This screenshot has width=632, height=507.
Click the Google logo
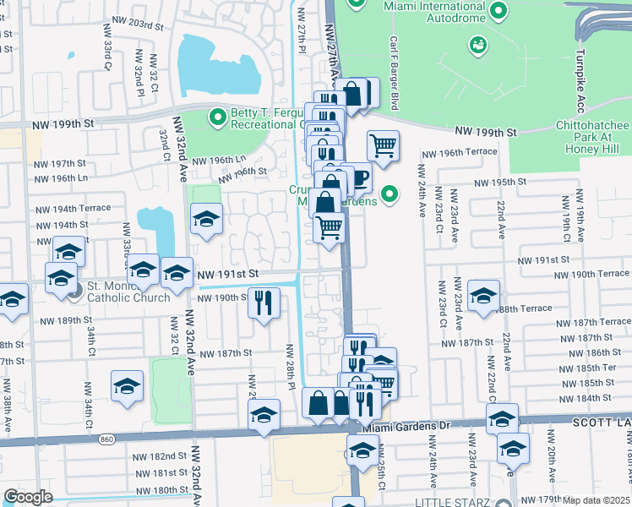coord(28,497)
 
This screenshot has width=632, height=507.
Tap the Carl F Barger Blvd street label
coord(394,72)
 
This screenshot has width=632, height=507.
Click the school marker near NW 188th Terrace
coord(484,295)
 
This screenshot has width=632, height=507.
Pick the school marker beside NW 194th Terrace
coord(206,219)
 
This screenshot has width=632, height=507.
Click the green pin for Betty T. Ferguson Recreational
coord(218,116)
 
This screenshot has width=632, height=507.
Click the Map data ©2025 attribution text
coord(597,500)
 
